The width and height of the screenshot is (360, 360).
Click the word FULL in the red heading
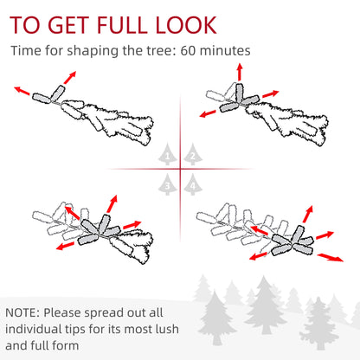click(x=121, y=25)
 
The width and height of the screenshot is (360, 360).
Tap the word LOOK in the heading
click(x=186, y=25)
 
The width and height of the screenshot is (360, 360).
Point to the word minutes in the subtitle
click(x=225, y=51)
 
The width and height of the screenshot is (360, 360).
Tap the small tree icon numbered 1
click(x=168, y=154)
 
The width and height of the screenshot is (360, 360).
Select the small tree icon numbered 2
click(x=193, y=154)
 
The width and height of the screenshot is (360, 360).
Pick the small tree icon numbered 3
click(x=168, y=184)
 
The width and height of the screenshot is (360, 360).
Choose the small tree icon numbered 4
click(x=193, y=184)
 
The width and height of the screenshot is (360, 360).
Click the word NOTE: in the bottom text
click(x=22, y=312)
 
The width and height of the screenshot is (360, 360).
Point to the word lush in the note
click(x=167, y=329)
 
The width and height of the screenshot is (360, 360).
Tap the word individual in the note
click(x=34, y=329)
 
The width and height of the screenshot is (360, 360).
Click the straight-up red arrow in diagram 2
click(x=240, y=72)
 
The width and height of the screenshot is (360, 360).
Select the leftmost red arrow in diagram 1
click(x=22, y=91)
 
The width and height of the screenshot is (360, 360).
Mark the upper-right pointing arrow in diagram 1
click(x=70, y=78)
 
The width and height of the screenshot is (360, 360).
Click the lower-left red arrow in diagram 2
click(x=208, y=113)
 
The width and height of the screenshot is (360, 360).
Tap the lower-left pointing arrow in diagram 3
click(x=65, y=246)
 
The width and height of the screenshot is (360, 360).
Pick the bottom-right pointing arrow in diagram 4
click(x=331, y=257)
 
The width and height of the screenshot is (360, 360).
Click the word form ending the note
click(x=67, y=345)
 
